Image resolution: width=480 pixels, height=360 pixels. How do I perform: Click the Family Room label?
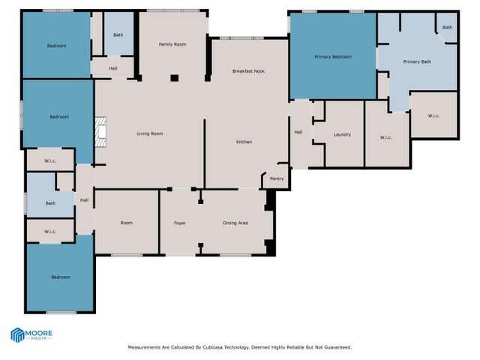pyautogui.click(x=172, y=44)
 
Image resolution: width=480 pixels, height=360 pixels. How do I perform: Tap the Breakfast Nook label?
pyautogui.click(x=248, y=70)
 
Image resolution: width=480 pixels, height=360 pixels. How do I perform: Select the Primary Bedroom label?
pyautogui.click(x=332, y=56)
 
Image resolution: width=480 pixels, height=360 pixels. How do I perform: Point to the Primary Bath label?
pyautogui.click(x=416, y=61)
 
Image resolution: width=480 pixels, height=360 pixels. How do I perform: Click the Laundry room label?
pyautogui.click(x=343, y=135)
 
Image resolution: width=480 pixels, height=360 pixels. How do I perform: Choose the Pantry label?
pyautogui.click(x=277, y=178)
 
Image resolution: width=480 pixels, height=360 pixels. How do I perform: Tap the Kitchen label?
pyautogui.click(x=244, y=142)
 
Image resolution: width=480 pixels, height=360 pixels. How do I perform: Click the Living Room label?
pyautogui.click(x=149, y=133)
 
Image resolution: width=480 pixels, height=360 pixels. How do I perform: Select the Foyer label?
pyautogui.click(x=180, y=223)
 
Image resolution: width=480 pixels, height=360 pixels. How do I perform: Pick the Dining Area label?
pyautogui.click(x=235, y=223)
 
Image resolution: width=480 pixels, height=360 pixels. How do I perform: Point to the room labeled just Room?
pyautogui.click(x=127, y=223)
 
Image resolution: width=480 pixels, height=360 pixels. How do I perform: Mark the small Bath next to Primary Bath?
pyautogui.click(x=447, y=28)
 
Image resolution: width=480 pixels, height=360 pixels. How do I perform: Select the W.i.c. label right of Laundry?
pyautogui.click(x=386, y=137)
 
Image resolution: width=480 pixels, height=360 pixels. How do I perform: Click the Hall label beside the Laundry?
pyautogui.click(x=298, y=132)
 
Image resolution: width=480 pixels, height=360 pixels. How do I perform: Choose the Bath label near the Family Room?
pyautogui.click(x=118, y=34)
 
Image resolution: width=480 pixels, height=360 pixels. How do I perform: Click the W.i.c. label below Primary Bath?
pyautogui.click(x=434, y=115)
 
